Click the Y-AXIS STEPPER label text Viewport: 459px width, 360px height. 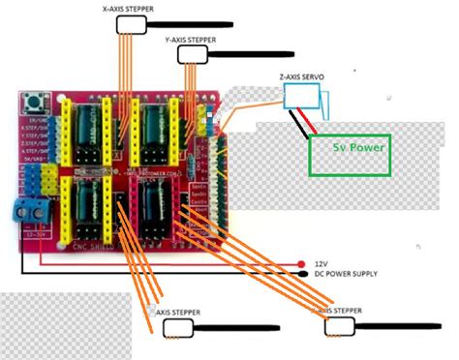191,40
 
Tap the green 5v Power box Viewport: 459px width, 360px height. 350,149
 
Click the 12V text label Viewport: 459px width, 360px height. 322,262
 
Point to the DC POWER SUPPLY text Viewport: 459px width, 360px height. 349,273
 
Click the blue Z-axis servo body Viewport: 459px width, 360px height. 302,96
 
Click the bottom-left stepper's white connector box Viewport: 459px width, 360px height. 176,327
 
